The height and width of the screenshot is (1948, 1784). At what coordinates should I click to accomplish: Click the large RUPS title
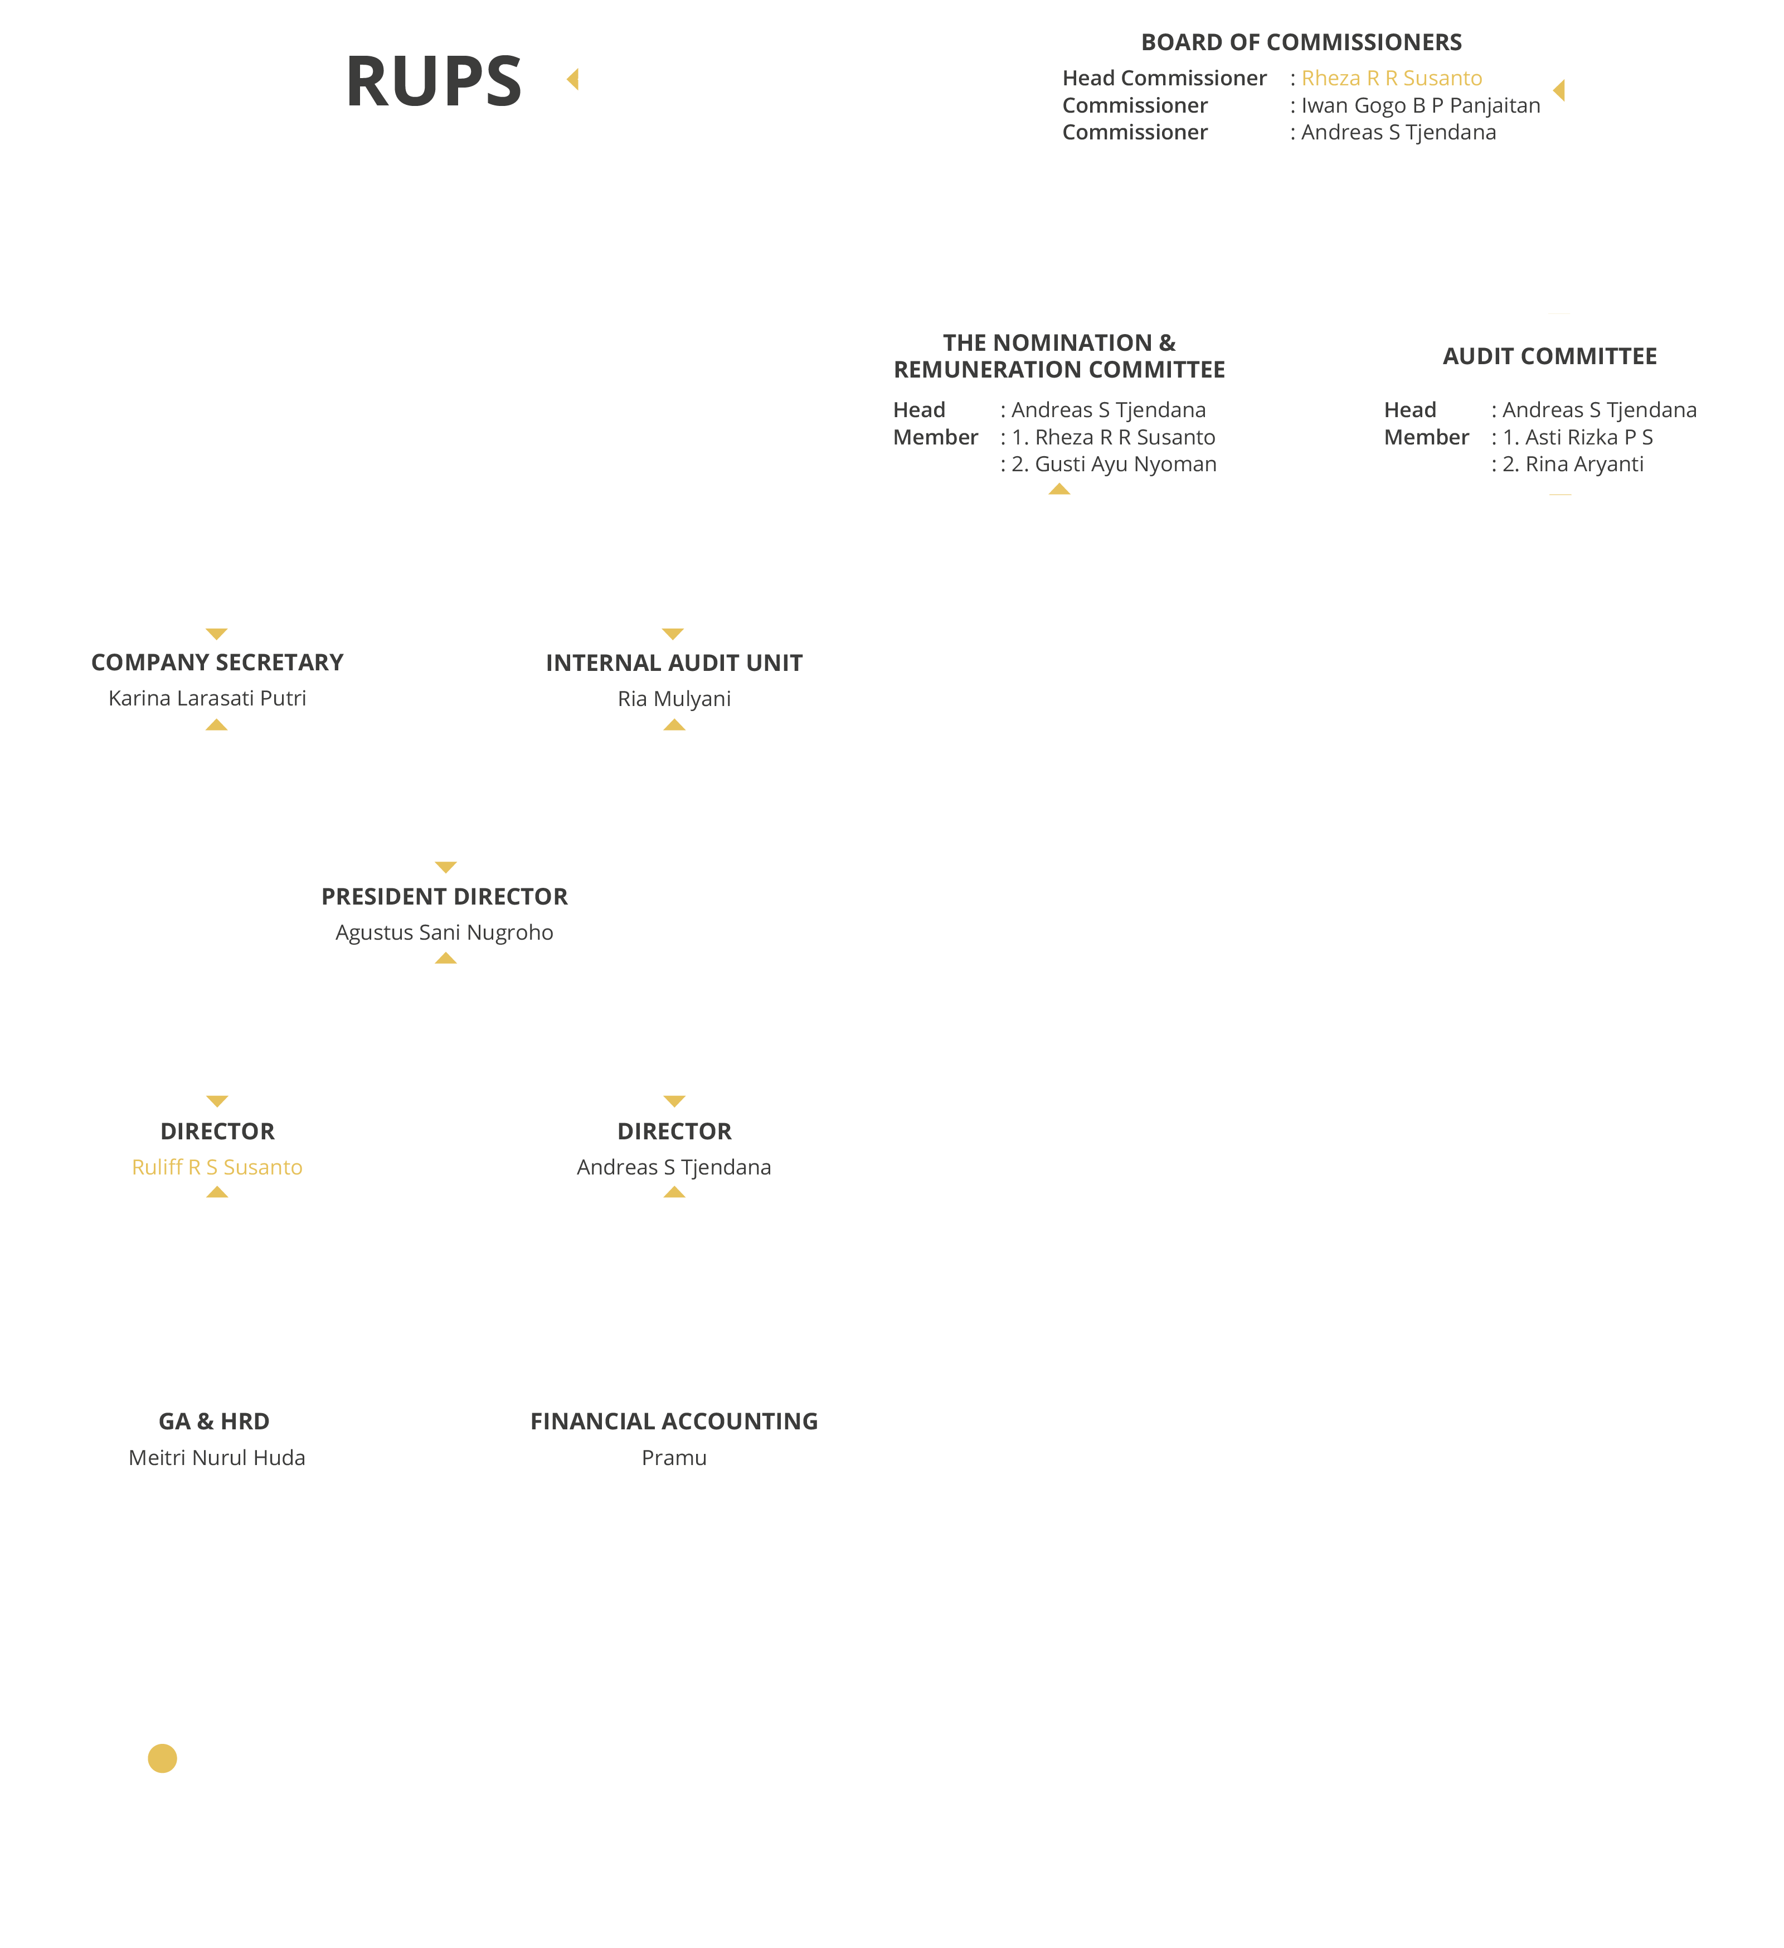point(434,81)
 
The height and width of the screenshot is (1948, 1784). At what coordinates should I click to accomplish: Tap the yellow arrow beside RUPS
point(573,79)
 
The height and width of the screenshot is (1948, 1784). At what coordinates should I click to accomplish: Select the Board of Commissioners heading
point(1301,42)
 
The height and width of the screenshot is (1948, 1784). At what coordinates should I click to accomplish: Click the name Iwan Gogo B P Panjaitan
point(1421,105)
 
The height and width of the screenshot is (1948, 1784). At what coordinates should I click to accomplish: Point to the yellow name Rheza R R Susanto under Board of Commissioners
point(1392,78)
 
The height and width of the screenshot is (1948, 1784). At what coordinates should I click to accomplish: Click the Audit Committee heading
point(1549,356)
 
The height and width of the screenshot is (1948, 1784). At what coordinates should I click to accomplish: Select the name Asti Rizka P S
point(1589,437)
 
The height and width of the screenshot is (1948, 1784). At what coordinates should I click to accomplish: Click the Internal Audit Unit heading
point(674,663)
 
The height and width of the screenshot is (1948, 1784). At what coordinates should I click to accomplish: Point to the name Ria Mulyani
point(674,699)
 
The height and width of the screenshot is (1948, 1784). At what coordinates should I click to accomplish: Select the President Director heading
point(444,897)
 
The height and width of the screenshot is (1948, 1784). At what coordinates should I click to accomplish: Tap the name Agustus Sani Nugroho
point(444,932)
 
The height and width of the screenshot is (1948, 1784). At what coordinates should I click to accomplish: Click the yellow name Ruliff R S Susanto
point(217,1167)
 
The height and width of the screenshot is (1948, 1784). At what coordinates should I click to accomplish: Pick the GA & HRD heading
point(215,1422)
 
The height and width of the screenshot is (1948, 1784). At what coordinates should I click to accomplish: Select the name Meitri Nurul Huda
point(217,1457)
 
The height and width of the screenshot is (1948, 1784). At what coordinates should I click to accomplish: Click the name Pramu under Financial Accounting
point(674,1457)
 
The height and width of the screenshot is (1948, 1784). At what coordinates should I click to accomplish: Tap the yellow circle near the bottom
point(162,1758)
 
